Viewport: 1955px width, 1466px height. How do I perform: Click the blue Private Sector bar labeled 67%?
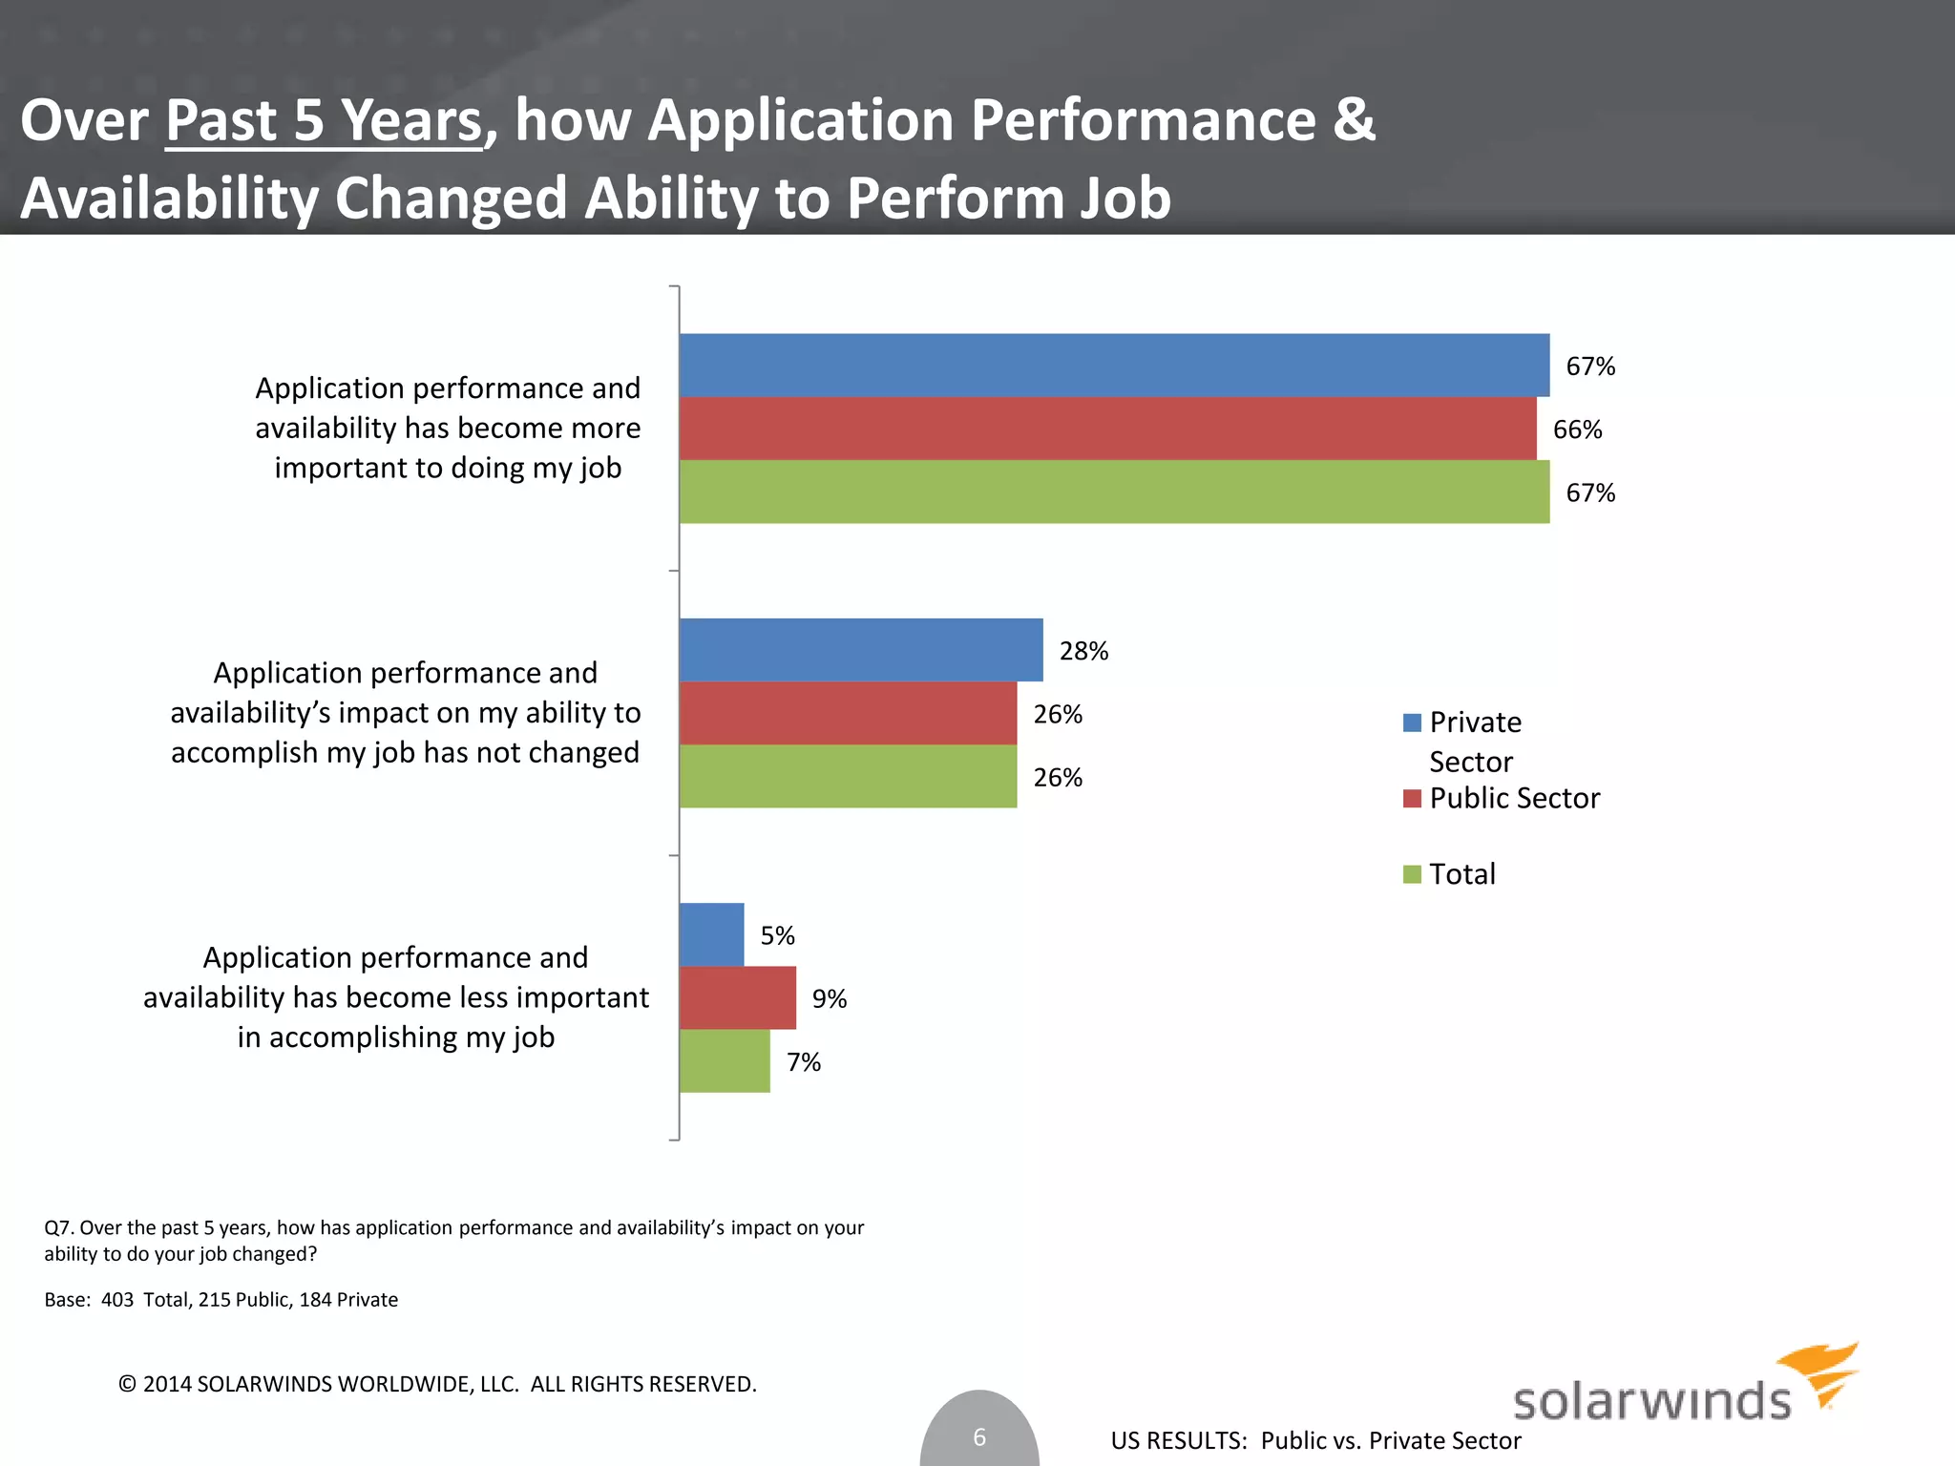click(1114, 366)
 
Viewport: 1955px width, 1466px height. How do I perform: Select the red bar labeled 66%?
click(1107, 429)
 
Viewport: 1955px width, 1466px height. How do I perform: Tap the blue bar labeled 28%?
click(861, 650)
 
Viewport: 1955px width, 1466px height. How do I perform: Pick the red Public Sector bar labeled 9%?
click(737, 998)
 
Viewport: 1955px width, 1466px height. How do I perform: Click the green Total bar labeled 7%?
click(725, 1061)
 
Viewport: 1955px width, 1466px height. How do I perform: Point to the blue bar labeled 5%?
click(711, 935)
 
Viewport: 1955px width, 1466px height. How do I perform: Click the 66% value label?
click(1577, 429)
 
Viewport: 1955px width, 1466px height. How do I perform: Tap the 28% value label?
click(1083, 651)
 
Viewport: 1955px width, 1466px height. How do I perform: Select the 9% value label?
click(829, 999)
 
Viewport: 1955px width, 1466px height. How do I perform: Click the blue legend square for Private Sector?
click(1412, 723)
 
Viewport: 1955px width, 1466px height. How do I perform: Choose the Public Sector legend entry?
click(1513, 798)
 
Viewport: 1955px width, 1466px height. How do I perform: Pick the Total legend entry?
click(1461, 874)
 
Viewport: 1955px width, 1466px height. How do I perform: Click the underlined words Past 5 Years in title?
click(324, 121)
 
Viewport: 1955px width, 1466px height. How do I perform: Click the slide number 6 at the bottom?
click(979, 1436)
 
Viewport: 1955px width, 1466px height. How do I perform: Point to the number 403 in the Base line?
click(117, 1300)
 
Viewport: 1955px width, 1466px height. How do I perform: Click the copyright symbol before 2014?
click(127, 1384)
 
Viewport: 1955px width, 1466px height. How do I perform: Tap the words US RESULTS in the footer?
click(1178, 1440)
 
